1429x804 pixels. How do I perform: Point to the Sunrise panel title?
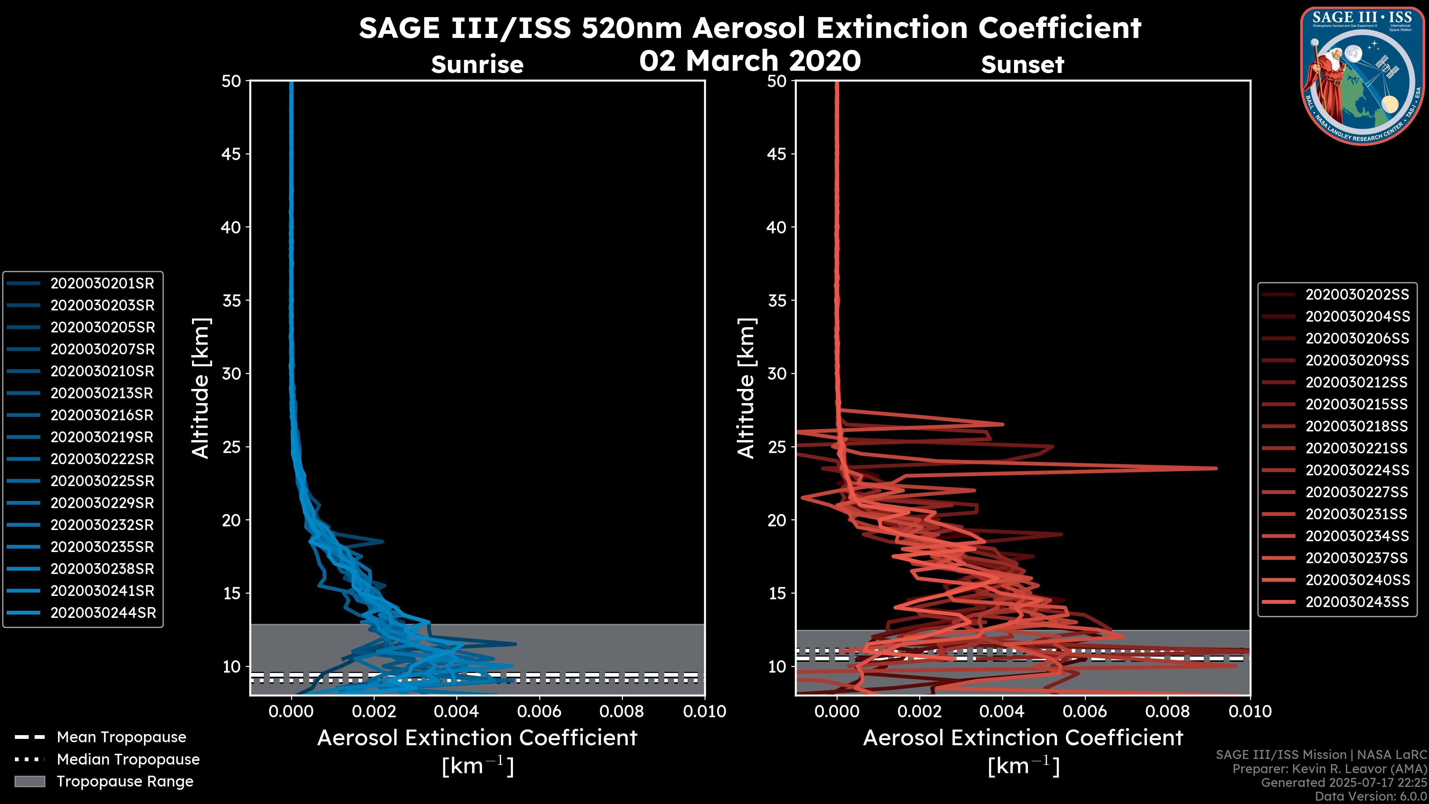(477, 65)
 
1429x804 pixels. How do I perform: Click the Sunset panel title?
(1022, 65)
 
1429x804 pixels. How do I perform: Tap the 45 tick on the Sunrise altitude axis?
(231, 154)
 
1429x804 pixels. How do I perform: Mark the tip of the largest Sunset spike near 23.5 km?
(1217, 468)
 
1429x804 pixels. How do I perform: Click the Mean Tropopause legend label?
(121, 737)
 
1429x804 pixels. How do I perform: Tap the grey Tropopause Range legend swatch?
(29, 782)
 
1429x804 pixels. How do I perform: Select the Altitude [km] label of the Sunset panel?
(747, 388)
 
